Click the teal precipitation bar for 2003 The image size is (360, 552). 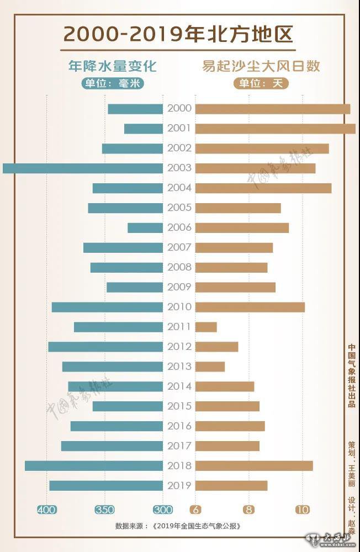tap(83, 168)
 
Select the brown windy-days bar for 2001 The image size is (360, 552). tap(275, 129)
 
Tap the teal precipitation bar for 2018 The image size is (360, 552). tap(94, 466)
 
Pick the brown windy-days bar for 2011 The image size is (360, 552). tap(206, 327)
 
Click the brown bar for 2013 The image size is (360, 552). tap(210, 367)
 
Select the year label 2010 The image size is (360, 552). tap(179, 307)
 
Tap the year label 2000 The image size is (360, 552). tap(179, 109)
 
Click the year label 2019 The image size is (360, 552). tap(179, 486)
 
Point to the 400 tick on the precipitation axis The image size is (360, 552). tap(46, 509)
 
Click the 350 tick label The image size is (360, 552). tap(105, 509)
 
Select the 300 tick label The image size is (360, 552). tap(163, 509)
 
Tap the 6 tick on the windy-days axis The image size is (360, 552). tap(195, 509)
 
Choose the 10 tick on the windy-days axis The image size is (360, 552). tap(302, 509)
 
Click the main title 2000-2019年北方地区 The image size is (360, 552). tap(179, 34)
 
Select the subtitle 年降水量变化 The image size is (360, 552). tap(112, 66)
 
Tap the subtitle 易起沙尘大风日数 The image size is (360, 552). tap(259, 66)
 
